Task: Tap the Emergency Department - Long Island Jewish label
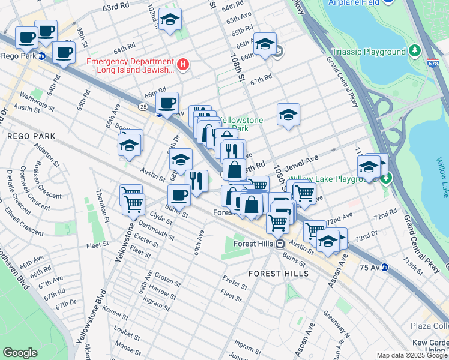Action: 131,65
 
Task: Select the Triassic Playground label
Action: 369,52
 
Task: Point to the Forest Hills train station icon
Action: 280,244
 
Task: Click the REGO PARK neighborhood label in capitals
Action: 31,136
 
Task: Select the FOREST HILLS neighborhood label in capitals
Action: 279,274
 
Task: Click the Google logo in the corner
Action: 20,353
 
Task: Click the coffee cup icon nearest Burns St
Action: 179,195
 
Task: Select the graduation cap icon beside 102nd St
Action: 170,20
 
